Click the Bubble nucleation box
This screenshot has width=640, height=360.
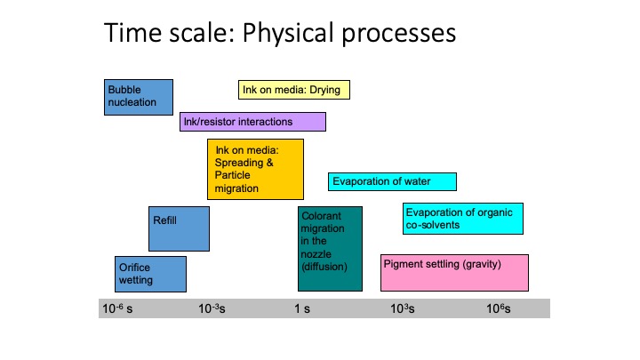point(139,97)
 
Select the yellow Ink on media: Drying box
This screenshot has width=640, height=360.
point(294,90)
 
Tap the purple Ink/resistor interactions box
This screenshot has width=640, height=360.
point(252,122)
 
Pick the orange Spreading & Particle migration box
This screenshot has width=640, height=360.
point(255,170)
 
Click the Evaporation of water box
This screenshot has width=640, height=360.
point(392,181)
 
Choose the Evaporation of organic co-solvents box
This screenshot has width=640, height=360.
point(463,219)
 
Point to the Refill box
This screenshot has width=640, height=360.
point(179,228)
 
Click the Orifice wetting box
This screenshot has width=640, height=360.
point(150,274)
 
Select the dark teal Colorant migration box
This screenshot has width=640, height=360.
point(330,249)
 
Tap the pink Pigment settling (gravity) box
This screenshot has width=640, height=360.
point(454,273)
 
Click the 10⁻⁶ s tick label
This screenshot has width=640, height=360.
point(117,308)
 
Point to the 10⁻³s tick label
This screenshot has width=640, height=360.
point(212,308)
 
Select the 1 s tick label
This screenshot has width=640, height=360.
point(302,309)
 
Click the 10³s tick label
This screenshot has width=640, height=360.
point(403,308)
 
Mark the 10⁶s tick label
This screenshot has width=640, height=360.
point(499,308)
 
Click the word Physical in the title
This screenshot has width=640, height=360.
point(288,34)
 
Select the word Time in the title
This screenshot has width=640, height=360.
point(133,33)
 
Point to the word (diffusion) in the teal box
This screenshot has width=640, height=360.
point(324,267)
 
